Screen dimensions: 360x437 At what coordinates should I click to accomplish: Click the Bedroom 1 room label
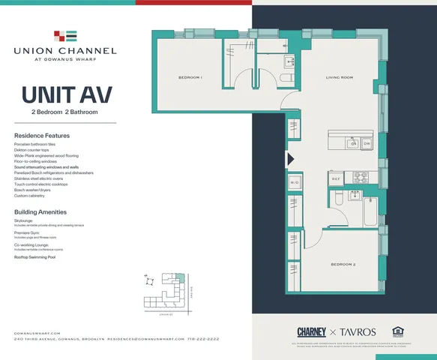click(190, 78)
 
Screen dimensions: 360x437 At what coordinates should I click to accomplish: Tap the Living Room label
click(339, 78)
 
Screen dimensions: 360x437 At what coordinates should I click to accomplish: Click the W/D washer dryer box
click(295, 182)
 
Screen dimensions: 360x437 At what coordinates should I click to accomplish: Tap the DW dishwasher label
click(367, 145)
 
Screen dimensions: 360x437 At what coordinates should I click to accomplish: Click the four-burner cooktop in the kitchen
click(360, 178)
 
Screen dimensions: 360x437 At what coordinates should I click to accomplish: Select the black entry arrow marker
click(290, 159)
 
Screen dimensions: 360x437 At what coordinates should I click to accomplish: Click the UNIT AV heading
click(67, 96)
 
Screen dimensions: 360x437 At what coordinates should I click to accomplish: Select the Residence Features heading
click(41, 135)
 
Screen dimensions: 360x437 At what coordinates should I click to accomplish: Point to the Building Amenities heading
click(41, 212)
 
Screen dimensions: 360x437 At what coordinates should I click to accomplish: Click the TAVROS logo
click(355, 331)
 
